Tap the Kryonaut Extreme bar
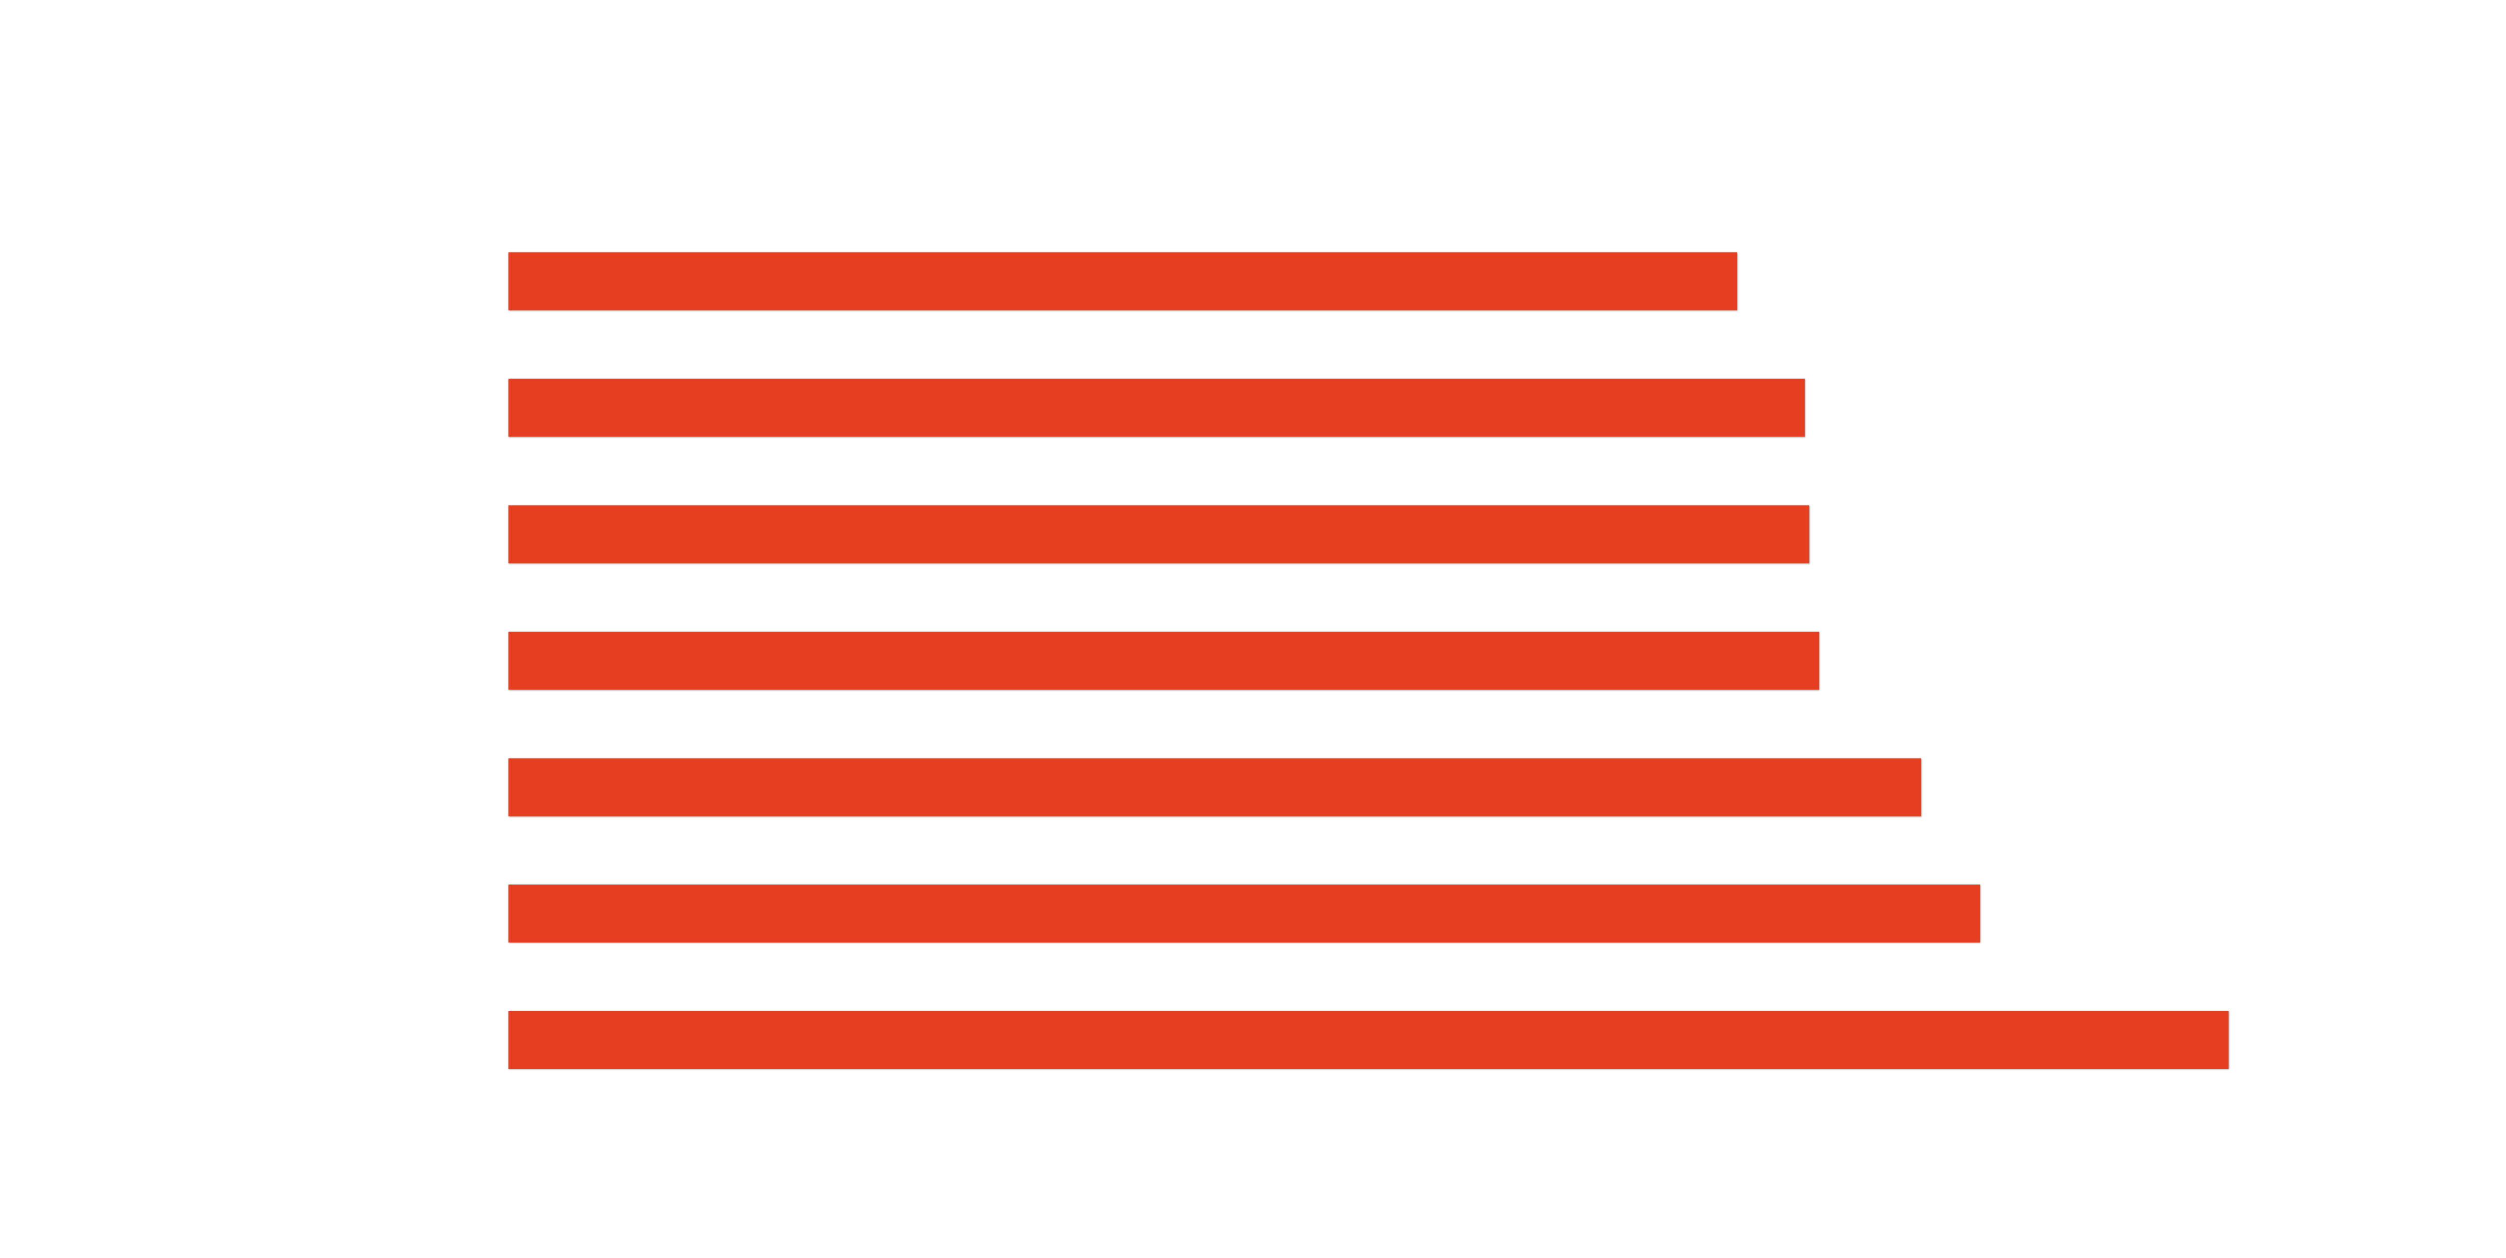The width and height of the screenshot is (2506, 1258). click(x=1158, y=534)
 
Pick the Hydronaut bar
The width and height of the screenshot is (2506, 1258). click(x=1214, y=787)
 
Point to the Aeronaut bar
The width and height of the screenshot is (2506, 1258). click(x=1367, y=1040)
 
